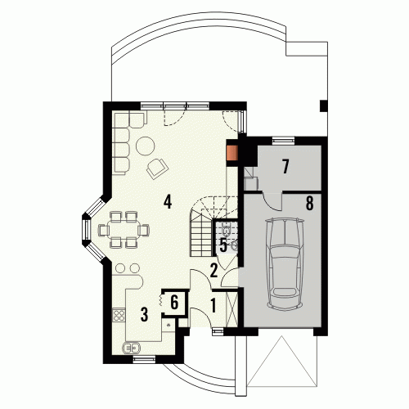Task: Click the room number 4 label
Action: (168, 202)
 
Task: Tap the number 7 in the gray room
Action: (285, 167)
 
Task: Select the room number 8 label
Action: (309, 203)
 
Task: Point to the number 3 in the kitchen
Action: (144, 314)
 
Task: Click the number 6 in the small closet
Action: (174, 303)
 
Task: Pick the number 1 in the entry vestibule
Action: (213, 305)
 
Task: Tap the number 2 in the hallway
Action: (213, 271)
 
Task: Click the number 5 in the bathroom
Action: (223, 245)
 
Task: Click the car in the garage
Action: (285, 264)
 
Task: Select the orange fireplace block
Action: (232, 153)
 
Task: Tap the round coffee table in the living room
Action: (146, 146)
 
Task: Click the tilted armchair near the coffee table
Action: (157, 169)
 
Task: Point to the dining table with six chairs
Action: (124, 230)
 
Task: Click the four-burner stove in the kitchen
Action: (119, 315)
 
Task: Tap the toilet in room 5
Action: (227, 229)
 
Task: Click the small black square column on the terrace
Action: (324, 106)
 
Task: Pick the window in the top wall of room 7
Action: (283, 141)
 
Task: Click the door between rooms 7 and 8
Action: (272, 201)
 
